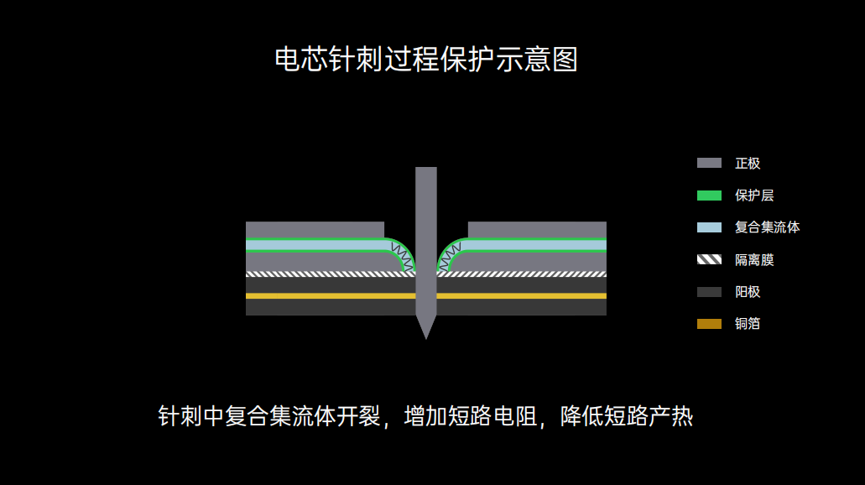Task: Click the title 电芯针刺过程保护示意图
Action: tap(426, 60)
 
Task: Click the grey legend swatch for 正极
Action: tap(709, 163)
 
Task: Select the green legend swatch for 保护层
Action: tap(709, 196)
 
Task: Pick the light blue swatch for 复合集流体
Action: tap(709, 227)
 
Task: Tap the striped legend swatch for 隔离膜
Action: tap(709, 259)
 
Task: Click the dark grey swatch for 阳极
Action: tap(709, 292)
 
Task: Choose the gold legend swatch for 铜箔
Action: tap(709, 324)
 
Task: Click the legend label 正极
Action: tap(748, 163)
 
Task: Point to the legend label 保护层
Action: tap(754, 196)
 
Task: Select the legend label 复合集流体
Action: tap(767, 227)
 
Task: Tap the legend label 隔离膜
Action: tap(754, 259)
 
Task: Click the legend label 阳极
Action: tap(748, 292)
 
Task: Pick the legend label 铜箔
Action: tap(748, 324)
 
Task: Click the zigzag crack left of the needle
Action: tap(402, 253)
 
